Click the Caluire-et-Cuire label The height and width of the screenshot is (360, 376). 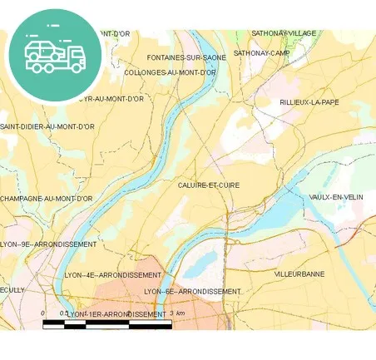208,185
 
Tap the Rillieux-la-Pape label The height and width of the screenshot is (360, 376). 309,102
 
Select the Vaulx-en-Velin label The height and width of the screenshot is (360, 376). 336,197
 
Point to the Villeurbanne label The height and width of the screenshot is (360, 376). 299,274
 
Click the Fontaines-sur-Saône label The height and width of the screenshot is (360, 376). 186,57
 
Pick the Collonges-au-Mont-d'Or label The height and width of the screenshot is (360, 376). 171,72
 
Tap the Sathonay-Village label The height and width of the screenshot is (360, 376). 284,33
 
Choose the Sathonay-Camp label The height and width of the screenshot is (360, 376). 261,52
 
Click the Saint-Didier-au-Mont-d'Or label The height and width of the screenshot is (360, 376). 47,126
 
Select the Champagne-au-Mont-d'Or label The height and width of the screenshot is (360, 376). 47,199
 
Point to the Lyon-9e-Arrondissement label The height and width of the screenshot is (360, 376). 48,244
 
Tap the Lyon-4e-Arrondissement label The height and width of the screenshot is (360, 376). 112,274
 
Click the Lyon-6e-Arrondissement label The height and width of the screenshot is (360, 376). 192,292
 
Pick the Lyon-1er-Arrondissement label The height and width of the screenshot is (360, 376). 116,314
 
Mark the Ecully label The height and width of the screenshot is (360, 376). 12,289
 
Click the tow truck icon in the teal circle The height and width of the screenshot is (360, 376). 55,56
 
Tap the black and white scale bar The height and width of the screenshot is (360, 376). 107,324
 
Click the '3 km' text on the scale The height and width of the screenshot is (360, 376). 176,313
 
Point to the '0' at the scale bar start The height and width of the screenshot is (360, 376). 42,313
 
